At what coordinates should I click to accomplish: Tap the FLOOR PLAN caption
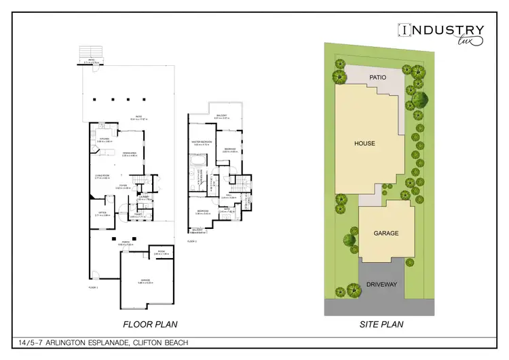pos(150,324)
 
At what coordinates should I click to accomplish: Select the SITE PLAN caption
pos(381,324)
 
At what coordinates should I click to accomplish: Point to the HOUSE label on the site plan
pos(364,143)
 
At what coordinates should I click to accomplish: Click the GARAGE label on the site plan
pos(385,233)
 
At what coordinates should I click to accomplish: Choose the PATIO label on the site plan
pos(378,77)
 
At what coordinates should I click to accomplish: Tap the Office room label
pos(102,213)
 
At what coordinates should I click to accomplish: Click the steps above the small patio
pos(89,52)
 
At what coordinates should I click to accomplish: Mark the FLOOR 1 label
pos(93,288)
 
